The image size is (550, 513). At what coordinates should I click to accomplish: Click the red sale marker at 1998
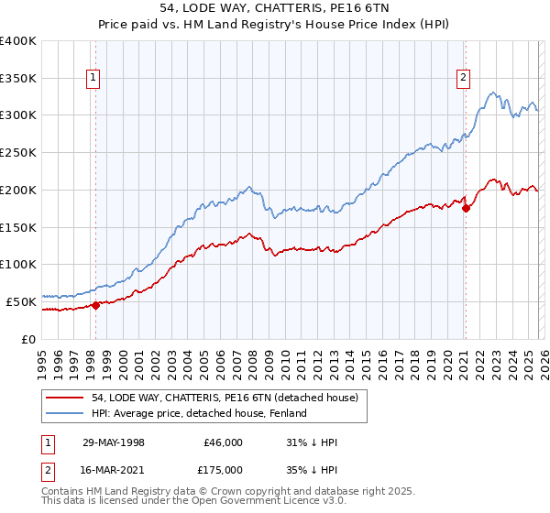tap(95, 306)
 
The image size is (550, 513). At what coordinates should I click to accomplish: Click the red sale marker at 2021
tap(466, 208)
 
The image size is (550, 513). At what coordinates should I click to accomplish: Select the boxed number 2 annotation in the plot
tap(465, 79)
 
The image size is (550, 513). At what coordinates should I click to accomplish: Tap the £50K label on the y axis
tap(22, 300)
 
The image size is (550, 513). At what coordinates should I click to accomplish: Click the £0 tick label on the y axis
tap(29, 338)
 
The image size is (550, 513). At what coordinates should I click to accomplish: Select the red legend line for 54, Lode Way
tap(66, 398)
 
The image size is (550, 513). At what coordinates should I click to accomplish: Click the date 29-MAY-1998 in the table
tap(114, 442)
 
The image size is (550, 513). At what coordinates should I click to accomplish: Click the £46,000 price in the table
tap(223, 442)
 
